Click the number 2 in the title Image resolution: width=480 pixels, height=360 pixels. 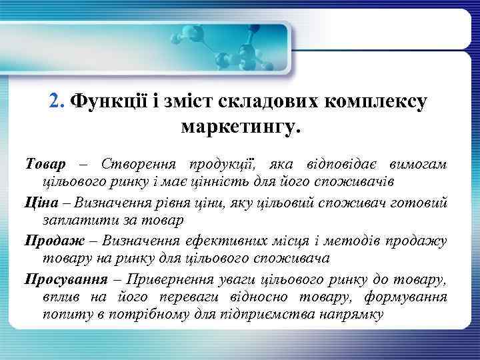coord(55,102)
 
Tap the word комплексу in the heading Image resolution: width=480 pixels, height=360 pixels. coord(377,102)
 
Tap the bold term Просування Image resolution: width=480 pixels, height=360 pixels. coord(61,277)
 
